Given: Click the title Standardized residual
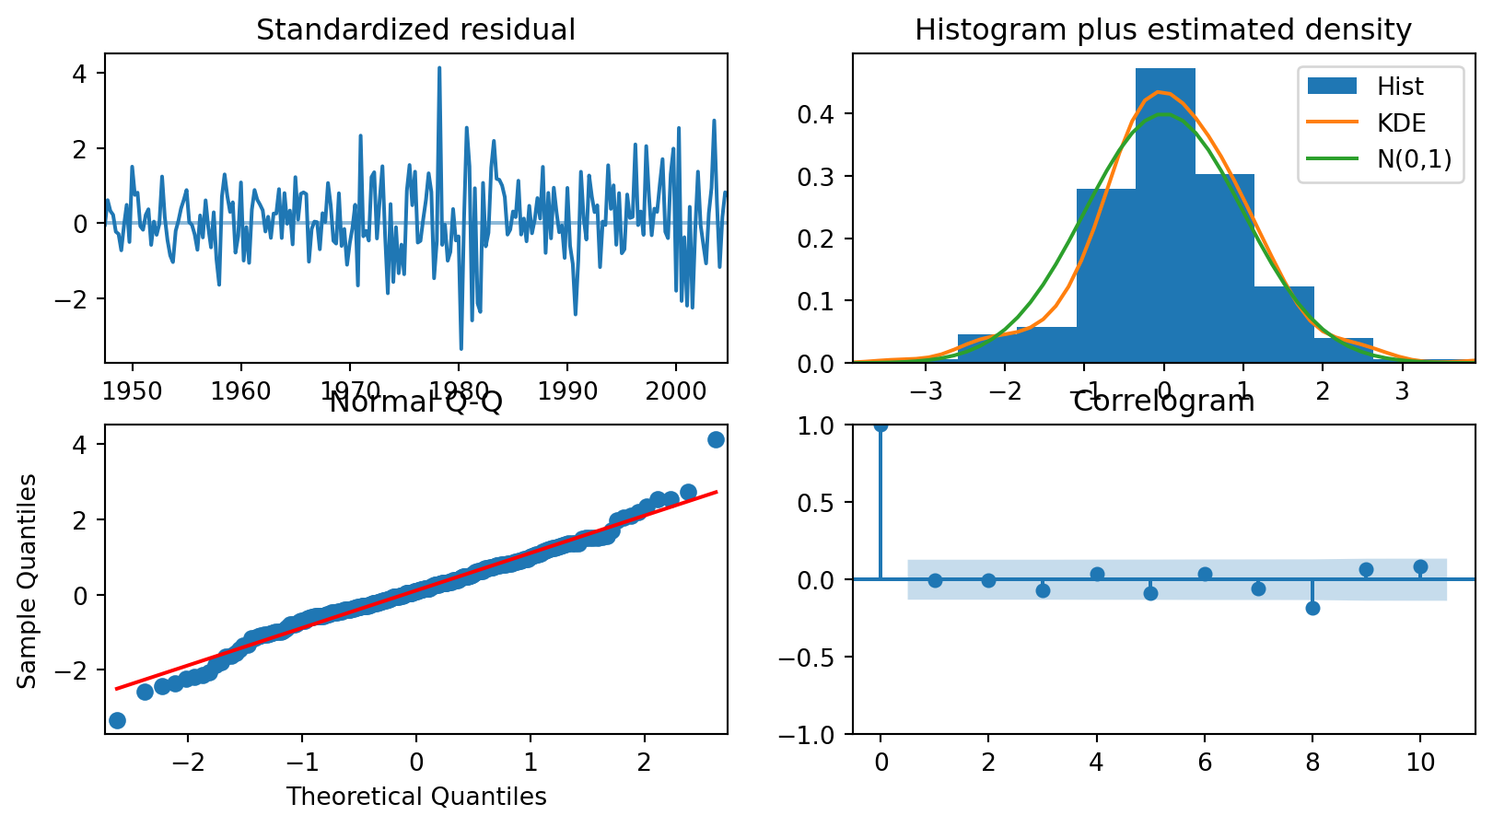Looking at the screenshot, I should (415, 30).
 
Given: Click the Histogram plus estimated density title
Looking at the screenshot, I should (1162, 30).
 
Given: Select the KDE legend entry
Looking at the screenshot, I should (1401, 122).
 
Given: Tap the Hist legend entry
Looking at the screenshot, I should (1400, 87).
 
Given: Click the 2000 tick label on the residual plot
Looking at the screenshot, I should (676, 390).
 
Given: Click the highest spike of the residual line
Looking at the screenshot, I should (439, 67).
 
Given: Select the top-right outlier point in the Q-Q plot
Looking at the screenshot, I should (716, 439).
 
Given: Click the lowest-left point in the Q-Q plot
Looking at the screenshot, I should (117, 720).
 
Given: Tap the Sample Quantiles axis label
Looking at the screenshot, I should (28, 580).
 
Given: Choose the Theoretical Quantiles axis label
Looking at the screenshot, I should (416, 797).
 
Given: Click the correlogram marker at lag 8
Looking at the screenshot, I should (1312, 608).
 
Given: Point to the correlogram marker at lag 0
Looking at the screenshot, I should (881, 425).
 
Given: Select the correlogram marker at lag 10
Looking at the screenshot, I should (1420, 567).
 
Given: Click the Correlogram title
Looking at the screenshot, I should (1162, 402).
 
